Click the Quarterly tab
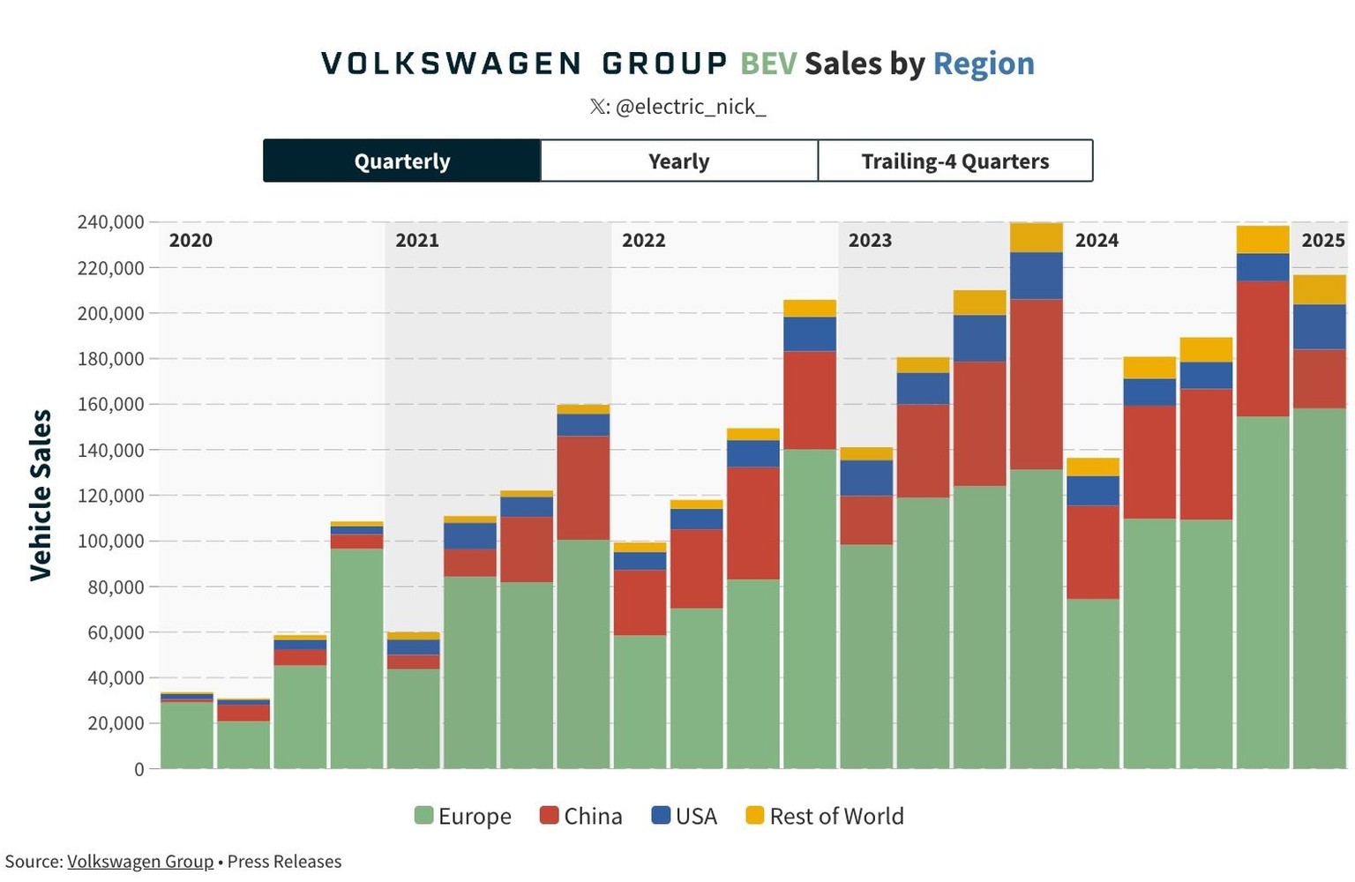[402, 161]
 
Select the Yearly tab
[678, 161]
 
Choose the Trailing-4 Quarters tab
[954, 161]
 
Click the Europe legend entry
[463, 816]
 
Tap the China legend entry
[581, 816]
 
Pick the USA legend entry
[685, 816]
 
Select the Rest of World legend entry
[825, 816]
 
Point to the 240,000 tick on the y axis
[111, 222]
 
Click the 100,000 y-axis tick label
[111, 541]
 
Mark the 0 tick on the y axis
[138, 769]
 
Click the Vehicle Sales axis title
[41, 495]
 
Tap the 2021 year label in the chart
[417, 240]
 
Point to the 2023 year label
[870, 240]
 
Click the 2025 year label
[1322, 240]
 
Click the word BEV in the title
[767, 64]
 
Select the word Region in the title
[984, 64]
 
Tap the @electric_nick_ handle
[690, 107]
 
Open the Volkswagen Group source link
[140, 862]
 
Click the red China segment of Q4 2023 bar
[1036, 384]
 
